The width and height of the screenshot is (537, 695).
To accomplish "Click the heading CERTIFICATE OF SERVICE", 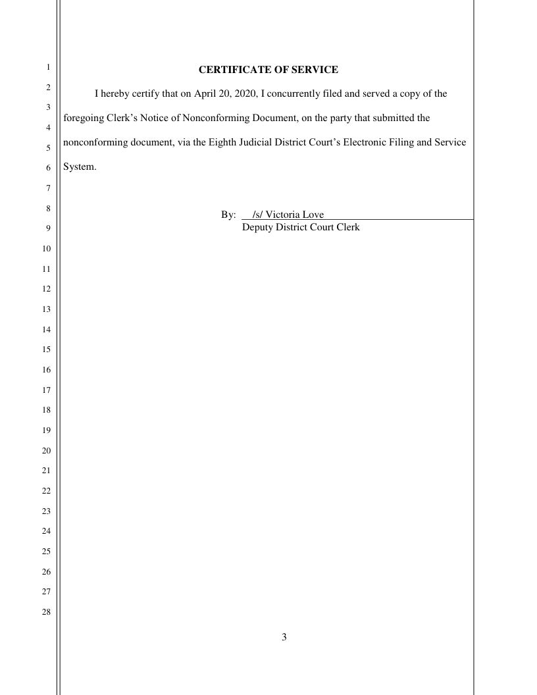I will tap(268, 70).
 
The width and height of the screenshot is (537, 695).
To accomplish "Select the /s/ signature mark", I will tap(257, 215).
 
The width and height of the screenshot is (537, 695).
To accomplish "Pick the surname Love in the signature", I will tap(313, 215).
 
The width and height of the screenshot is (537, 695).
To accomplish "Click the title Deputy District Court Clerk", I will tap(301, 228).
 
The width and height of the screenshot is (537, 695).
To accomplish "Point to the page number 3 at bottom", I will tap(284, 637).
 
